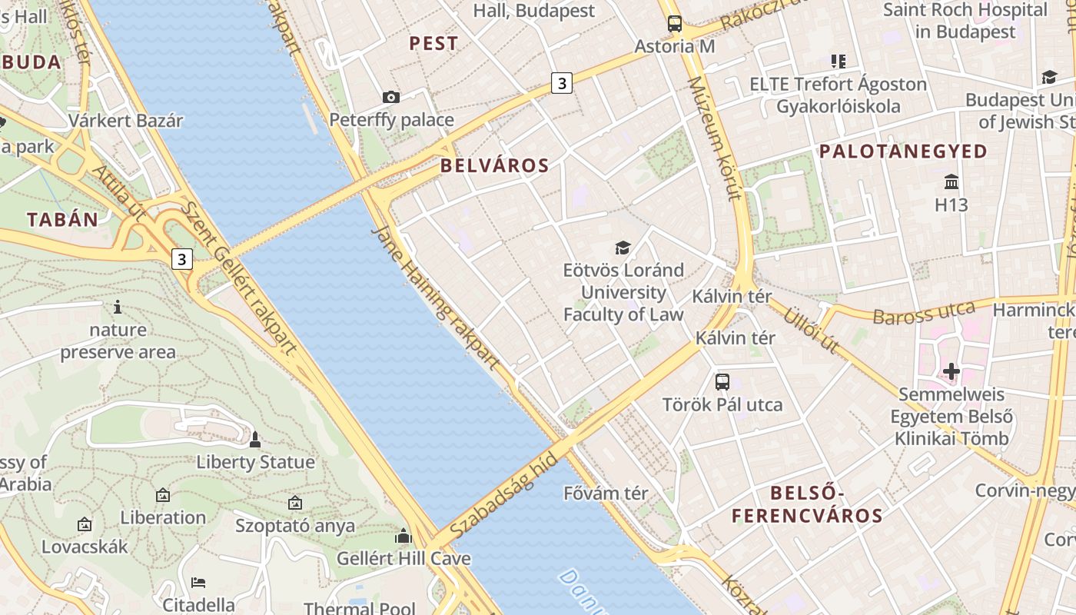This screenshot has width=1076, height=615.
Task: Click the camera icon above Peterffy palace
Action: pos(391,97)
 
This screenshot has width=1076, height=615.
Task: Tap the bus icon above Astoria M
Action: pos(674,24)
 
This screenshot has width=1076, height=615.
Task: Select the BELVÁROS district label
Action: pos(494,165)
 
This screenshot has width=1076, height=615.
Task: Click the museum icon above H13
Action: pos(951,182)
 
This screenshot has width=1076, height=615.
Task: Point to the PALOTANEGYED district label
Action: pos(903,151)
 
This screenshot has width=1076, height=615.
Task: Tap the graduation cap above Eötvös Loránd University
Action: pos(623,248)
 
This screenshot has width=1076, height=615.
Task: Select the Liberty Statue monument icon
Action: pos(255,440)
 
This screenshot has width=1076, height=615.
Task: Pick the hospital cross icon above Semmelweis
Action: pos(951,372)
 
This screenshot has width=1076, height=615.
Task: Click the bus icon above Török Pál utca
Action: pos(722,382)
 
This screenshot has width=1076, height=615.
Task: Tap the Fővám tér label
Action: pos(606,493)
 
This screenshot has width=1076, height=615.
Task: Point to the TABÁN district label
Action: pos(63,219)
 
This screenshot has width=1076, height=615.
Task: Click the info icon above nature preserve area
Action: pos(118,307)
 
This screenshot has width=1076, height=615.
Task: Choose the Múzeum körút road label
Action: pos(714,138)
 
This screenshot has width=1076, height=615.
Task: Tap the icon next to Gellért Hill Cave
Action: pos(403,536)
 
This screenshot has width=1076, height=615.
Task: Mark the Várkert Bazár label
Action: pos(126,121)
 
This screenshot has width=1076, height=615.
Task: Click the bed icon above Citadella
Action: pos(198,582)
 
